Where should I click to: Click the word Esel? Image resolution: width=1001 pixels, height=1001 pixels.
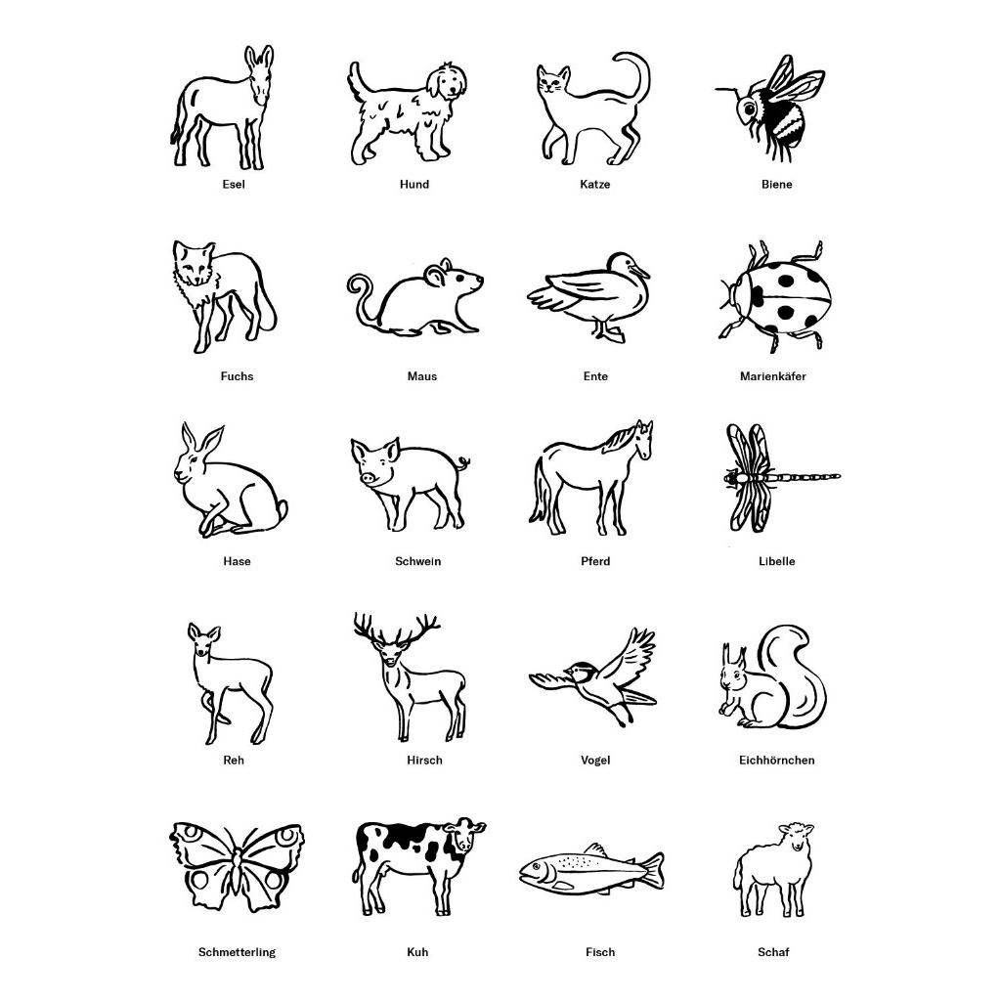pos(234,185)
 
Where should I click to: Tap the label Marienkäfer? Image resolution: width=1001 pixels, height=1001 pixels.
pos(772,376)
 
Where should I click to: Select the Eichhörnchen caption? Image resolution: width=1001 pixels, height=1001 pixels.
pos(776,761)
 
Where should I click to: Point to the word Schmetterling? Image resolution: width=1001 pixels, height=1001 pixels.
pos(237,952)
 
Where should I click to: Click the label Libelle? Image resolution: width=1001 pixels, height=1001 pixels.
pos(776,562)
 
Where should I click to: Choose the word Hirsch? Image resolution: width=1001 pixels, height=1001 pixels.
pos(424,761)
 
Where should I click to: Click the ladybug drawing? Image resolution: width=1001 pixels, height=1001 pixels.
pos(775,295)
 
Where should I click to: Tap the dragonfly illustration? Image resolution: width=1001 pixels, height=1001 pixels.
pos(781,477)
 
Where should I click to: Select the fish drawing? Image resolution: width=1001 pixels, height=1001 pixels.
pos(591,868)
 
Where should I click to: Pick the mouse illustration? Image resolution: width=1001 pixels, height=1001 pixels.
pos(414,297)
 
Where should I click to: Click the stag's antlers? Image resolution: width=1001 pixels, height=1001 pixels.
pos(397,629)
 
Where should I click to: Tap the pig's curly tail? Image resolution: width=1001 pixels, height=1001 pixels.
pos(462,462)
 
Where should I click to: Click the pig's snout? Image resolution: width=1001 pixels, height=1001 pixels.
pos(368,477)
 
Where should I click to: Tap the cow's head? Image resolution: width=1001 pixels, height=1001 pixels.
pos(463,837)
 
